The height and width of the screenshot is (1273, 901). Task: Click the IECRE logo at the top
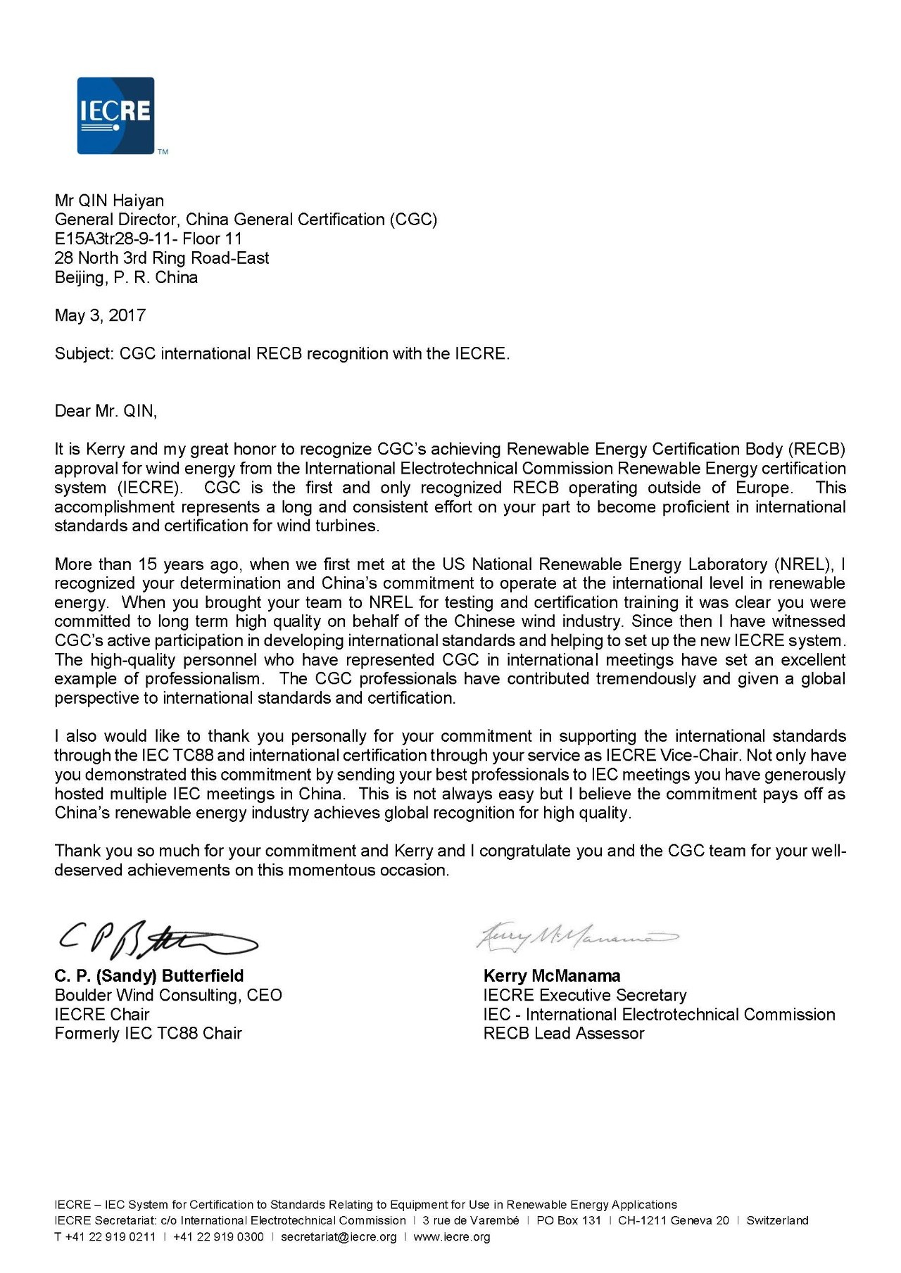pos(115,115)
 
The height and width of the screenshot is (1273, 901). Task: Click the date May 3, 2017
pos(100,315)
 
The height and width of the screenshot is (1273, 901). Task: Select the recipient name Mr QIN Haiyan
pos(109,201)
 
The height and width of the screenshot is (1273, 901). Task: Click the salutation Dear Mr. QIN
pos(106,411)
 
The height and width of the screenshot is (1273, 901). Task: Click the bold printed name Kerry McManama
pos(552,976)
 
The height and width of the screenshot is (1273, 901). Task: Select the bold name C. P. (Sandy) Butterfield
pos(149,976)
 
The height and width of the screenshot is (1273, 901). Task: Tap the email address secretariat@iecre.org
pos(339,1237)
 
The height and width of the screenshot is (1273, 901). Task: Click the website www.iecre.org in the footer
pos(452,1237)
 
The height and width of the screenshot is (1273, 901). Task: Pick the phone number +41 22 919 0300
pos(218,1237)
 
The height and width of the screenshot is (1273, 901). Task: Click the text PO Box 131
pos(569,1220)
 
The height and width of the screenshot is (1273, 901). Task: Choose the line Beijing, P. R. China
pos(126,277)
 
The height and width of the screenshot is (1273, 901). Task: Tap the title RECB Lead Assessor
pos(564,1034)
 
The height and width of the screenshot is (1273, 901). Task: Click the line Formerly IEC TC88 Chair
pos(148,1034)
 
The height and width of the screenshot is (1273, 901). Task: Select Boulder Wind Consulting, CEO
pos(168,995)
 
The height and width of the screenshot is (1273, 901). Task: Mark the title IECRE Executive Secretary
pos(585,995)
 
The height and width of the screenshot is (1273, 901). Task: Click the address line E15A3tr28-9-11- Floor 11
pos(148,239)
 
